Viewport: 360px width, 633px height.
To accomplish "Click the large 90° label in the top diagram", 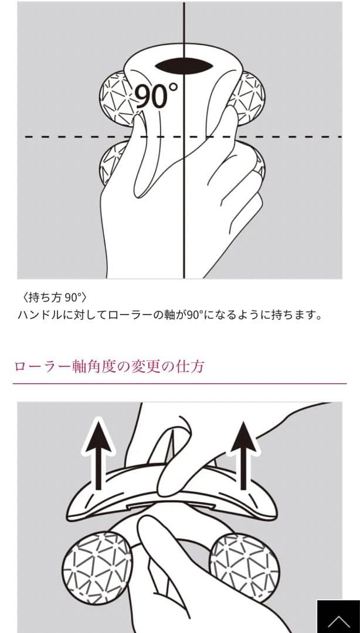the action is click(x=156, y=96).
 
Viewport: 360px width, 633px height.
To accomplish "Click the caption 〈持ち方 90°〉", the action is click(x=53, y=298).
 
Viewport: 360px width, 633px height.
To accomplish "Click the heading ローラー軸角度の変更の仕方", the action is click(x=108, y=367).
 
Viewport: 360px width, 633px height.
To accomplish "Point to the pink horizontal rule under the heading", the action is click(x=180, y=383).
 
